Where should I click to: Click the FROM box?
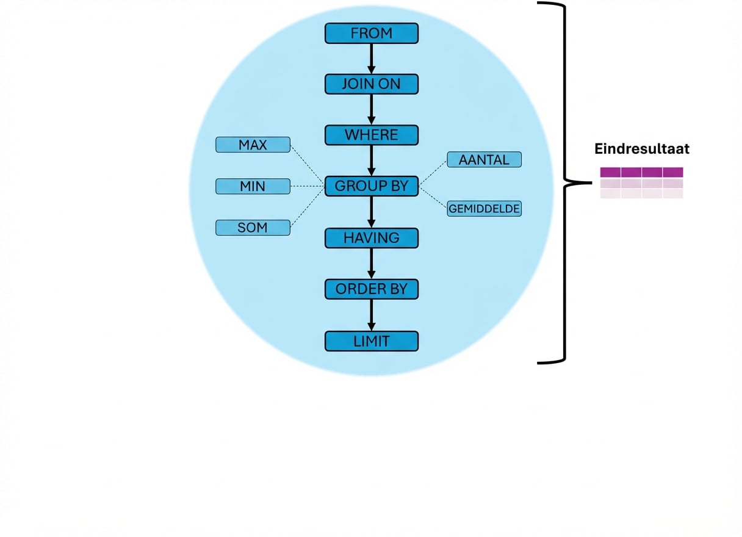point(371,33)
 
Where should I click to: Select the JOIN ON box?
point(371,84)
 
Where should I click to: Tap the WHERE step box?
point(371,135)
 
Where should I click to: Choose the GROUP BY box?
point(371,186)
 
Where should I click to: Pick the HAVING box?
point(371,238)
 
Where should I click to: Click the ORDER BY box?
point(371,289)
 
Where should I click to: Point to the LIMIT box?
point(371,341)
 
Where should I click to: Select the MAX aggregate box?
point(253,145)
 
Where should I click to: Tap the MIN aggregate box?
point(253,186)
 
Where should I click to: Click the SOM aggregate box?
point(253,228)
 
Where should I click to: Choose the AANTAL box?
point(484,160)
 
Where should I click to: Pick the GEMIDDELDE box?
point(484,209)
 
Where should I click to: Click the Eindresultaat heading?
point(642,149)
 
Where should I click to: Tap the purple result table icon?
point(641,182)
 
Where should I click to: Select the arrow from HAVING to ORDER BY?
point(371,264)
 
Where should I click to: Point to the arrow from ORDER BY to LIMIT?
point(371,315)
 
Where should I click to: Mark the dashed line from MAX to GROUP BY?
point(307,165)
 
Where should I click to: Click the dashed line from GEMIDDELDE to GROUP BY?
point(433,197)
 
